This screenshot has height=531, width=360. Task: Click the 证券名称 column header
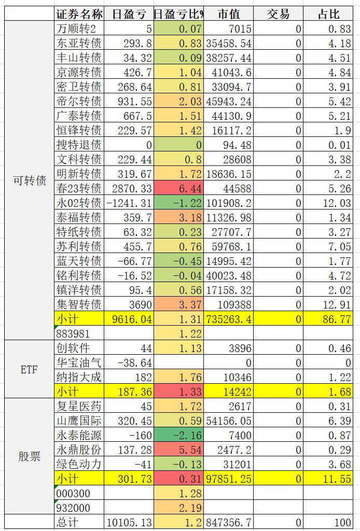(x=79, y=14)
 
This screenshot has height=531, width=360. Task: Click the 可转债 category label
(x=29, y=180)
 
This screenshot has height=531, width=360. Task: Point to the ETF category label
(x=29, y=370)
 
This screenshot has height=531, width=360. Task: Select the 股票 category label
(x=29, y=457)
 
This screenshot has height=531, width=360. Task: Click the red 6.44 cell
(x=178, y=188)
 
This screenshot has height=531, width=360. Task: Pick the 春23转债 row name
(x=79, y=188)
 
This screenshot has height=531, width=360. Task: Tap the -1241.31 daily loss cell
(x=130, y=203)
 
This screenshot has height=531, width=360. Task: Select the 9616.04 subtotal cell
(x=130, y=319)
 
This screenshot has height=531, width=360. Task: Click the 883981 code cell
(x=79, y=333)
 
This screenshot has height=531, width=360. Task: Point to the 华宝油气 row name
(x=79, y=362)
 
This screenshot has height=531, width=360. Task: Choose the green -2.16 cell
(x=178, y=435)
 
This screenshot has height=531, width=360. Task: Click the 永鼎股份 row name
(x=79, y=450)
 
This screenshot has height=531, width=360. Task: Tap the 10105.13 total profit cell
(x=130, y=522)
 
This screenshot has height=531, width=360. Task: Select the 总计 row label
(x=79, y=522)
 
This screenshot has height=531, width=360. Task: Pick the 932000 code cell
(x=79, y=508)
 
